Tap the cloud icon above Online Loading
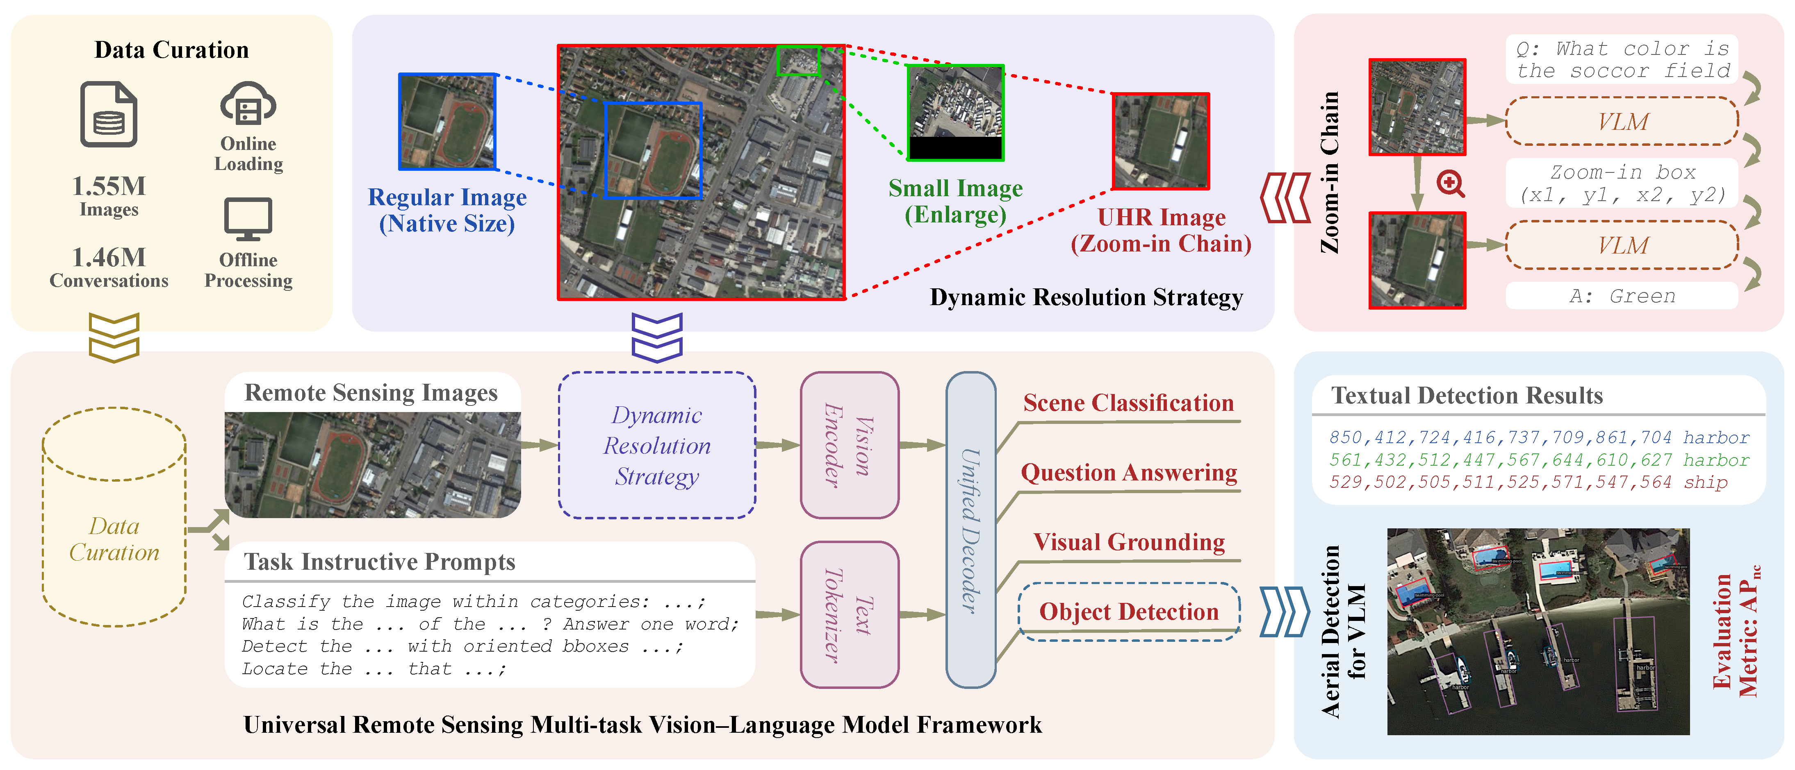pos(248,104)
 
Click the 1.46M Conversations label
pos(109,268)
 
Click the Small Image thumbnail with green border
pos(955,113)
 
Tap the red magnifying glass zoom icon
pos(1450,184)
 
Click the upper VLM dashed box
pos(1622,122)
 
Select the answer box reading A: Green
pos(1622,296)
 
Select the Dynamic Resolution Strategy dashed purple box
pos(657,446)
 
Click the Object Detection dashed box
pos(1129,611)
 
